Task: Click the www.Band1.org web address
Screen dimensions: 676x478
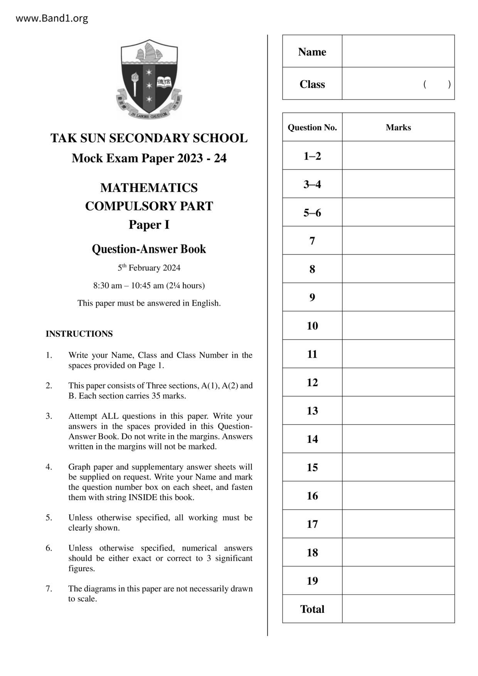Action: click(x=52, y=18)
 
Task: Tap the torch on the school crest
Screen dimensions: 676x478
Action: click(x=135, y=83)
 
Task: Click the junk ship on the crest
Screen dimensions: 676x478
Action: click(x=148, y=52)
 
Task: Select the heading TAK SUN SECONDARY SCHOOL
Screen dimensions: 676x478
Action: click(x=149, y=138)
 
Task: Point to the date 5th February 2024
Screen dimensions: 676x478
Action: click(x=149, y=268)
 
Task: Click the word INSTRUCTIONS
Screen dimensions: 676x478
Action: click(x=79, y=334)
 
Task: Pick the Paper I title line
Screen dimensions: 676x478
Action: click(x=149, y=225)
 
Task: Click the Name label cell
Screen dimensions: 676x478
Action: click(x=312, y=52)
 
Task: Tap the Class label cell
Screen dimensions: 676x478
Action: click(x=312, y=84)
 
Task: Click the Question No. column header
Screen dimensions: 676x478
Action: click(x=312, y=128)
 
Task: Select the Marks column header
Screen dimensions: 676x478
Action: click(x=398, y=128)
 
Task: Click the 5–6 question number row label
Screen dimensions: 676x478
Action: click(x=312, y=213)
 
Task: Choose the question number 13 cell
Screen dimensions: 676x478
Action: click(x=312, y=411)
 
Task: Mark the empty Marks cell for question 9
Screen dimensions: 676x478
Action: click(x=398, y=298)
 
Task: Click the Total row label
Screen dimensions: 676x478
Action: click(x=312, y=609)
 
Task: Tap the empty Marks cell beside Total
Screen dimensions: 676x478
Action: click(x=398, y=609)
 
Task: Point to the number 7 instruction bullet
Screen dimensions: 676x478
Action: click(x=49, y=589)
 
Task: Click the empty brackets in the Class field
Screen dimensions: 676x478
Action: click(x=437, y=84)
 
